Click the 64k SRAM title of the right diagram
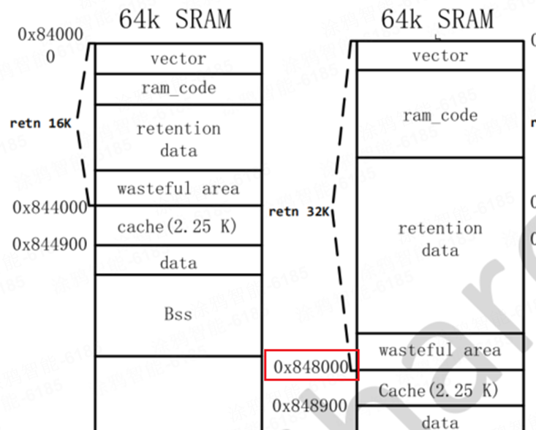(x=437, y=19)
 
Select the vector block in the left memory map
(x=178, y=58)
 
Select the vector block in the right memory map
(x=440, y=55)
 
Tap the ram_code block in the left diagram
(x=178, y=88)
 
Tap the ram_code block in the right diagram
(x=440, y=115)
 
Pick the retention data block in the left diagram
(x=178, y=139)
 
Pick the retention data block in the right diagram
(x=440, y=239)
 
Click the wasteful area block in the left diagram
(x=178, y=188)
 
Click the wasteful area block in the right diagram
(x=440, y=350)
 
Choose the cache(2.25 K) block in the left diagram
(x=178, y=226)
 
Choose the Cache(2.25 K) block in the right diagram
(x=440, y=391)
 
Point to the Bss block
(x=178, y=315)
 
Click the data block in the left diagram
(x=178, y=261)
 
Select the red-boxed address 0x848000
(x=311, y=366)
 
